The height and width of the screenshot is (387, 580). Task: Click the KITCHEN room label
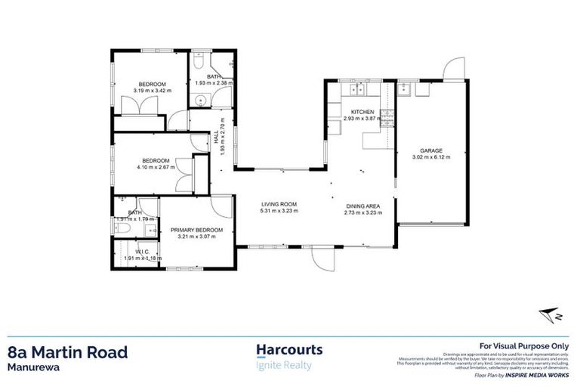tap(353, 112)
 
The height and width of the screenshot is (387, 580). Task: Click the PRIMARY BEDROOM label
tap(196, 230)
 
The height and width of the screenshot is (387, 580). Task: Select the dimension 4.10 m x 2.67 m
tap(157, 166)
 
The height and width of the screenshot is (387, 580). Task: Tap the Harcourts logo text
tap(289, 350)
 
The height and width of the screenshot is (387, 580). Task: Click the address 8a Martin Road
tap(68, 351)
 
